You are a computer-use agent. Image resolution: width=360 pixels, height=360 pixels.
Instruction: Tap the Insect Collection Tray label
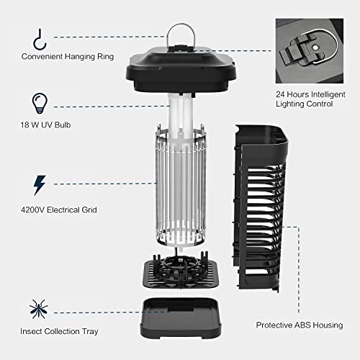[60, 331]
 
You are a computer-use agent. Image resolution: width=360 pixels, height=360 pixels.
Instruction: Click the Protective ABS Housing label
[297, 325]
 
